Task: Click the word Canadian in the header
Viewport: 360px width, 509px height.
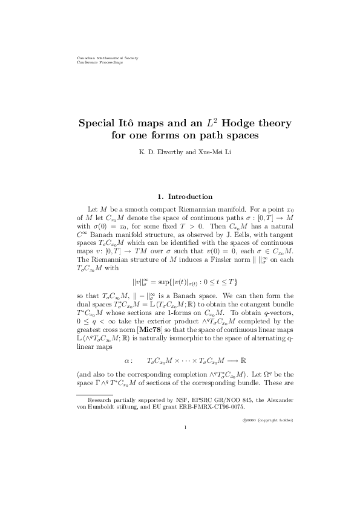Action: pos(83,58)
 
